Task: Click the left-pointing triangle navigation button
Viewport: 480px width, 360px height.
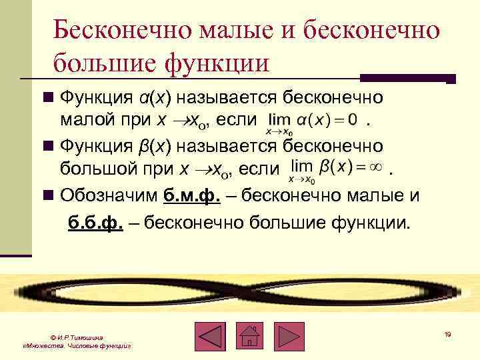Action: (x=211, y=336)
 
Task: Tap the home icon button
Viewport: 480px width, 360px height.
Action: (x=251, y=336)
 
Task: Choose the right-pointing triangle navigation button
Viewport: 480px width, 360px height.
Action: (x=289, y=336)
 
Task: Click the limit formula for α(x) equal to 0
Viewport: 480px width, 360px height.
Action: (x=312, y=121)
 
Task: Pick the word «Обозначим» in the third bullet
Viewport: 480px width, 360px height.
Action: (x=108, y=195)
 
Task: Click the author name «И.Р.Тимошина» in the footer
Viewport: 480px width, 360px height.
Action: (x=80, y=337)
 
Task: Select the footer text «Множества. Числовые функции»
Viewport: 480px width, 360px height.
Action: (x=76, y=347)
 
